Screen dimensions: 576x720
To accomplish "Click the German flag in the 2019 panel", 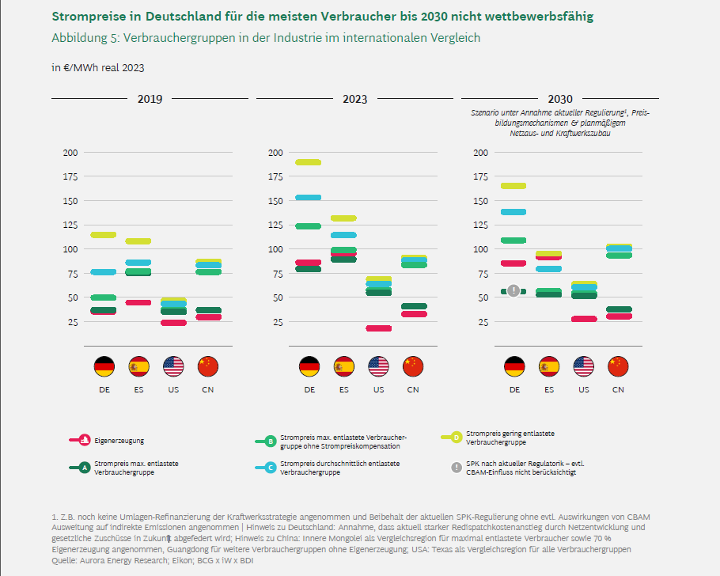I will point(104,366).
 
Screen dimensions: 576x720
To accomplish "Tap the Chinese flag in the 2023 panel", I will point(413,366).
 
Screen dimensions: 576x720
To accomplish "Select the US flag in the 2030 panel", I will point(584,366).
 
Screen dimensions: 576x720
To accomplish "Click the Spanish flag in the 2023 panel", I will point(344,366).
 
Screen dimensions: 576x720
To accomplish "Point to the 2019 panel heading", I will point(150,99).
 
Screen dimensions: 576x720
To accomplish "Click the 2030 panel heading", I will point(560,99).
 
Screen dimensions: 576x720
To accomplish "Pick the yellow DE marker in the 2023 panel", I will point(309,162).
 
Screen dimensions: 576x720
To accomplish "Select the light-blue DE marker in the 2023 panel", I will point(309,198).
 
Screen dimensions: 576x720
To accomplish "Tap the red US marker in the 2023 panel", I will point(378,328).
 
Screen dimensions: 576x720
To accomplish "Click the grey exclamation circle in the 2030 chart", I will point(513,290).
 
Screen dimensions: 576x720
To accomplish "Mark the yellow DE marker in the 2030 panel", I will point(513,186).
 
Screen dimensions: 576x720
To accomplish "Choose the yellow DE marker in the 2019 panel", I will point(104,235).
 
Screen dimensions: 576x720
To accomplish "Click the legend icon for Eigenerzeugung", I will point(80,440).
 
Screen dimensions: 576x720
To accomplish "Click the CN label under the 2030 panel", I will point(618,389).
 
